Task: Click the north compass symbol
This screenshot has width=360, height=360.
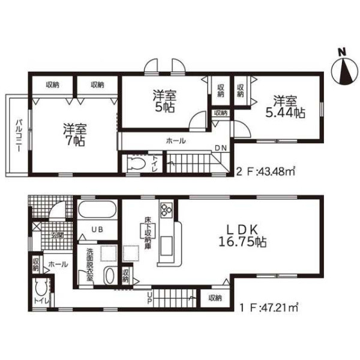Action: click(344, 68)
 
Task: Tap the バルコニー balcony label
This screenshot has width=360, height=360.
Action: click(19, 135)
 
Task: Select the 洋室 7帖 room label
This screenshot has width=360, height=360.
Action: click(75, 135)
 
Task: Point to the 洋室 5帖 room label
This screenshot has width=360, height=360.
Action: click(164, 101)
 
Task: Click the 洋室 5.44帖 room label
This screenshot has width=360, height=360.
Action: click(286, 107)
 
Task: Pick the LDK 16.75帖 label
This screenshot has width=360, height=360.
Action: click(242, 236)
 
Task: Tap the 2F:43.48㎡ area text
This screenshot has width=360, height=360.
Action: click(265, 171)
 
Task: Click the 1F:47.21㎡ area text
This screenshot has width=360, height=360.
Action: click(269, 307)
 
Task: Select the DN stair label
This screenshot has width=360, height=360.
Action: click(221, 148)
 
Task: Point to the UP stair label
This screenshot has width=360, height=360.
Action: click(149, 298)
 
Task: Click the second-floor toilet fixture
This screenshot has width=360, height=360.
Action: click(136, 163)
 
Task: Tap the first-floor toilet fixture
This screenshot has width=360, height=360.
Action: click(41, 288)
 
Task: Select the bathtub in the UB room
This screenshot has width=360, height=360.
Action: click(97, 209)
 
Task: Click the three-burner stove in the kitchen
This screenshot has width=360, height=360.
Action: click(166, 209)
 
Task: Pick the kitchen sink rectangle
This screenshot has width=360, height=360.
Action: click(166, 246)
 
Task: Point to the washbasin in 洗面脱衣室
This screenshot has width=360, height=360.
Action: click(110, 276)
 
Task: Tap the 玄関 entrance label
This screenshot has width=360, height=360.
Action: click(58, 235)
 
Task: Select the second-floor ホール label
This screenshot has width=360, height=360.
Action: click(176, 140)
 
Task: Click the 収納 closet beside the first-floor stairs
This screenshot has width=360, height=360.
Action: click(215, 298)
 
